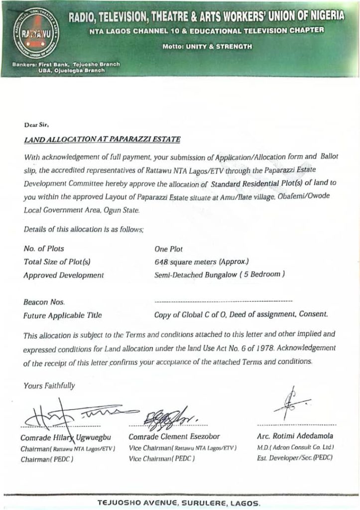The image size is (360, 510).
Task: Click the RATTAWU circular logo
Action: point(33,32)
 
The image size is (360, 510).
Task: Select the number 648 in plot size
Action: point(160,261)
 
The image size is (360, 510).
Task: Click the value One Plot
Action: point(168,249)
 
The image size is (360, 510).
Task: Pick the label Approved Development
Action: point(64,275)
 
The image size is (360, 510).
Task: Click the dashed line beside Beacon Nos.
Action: point(223,302)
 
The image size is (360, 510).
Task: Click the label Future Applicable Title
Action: point(63,315)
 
